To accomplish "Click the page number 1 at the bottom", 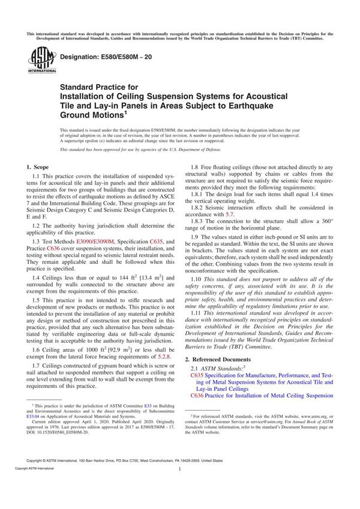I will (x=180, y=487).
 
